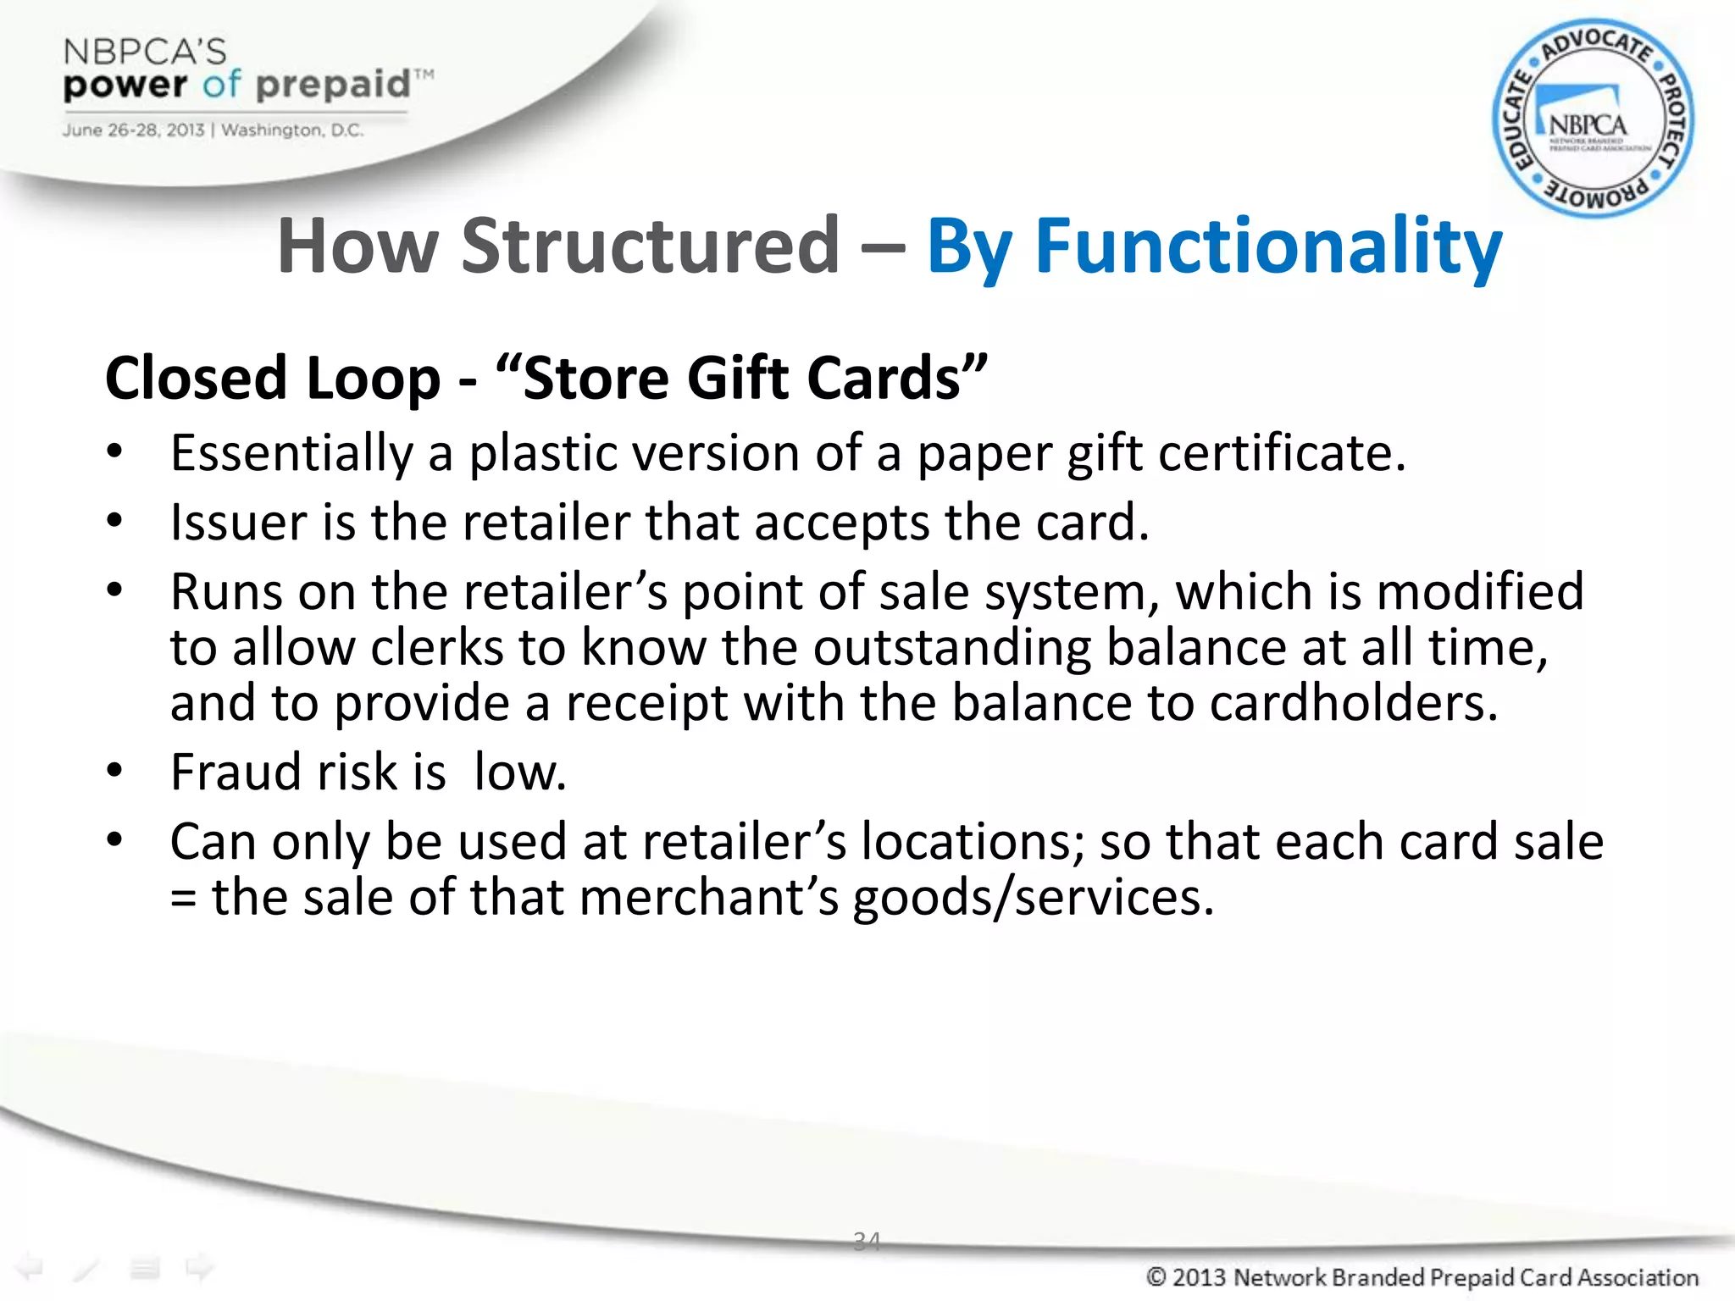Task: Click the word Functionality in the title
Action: [1268, 246]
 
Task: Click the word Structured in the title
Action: [650, 246]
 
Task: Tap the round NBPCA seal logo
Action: [1593, 119]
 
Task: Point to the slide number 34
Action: [867, 1241]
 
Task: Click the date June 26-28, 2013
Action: [133, 130]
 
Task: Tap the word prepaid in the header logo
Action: [333, 85]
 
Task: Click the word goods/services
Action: [1033, 898]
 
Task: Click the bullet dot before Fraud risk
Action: [115, 770]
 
